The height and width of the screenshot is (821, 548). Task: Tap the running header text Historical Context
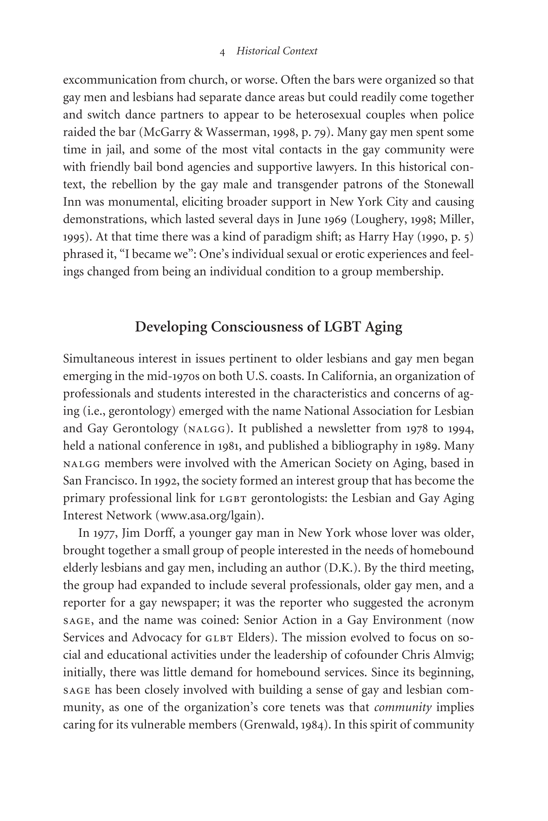coord(277,51)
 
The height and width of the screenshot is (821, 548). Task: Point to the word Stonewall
coord(449,184)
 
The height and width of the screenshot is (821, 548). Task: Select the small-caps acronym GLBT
coord(219,638)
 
